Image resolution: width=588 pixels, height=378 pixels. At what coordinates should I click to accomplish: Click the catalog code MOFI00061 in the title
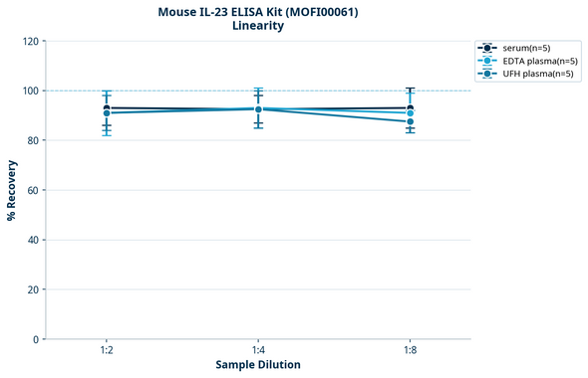coord(322,12)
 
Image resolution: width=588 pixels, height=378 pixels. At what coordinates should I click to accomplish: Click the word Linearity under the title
coord(257,26)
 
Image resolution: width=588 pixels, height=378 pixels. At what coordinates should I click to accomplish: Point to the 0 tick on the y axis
coord(35,339)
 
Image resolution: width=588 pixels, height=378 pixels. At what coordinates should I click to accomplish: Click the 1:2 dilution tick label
coord(107,351)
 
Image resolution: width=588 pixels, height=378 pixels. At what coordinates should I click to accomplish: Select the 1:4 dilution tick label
coord(258,351)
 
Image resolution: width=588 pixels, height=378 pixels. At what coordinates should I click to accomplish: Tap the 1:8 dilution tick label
coord(410,351)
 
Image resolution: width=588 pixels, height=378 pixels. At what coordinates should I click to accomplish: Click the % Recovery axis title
coord(12,190)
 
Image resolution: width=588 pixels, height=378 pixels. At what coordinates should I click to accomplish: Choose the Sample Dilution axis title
coord(258,365)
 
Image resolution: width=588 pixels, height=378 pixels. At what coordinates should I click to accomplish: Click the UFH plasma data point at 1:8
coord(410,121)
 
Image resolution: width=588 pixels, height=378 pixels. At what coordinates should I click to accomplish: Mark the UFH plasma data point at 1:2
coord(107,113)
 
